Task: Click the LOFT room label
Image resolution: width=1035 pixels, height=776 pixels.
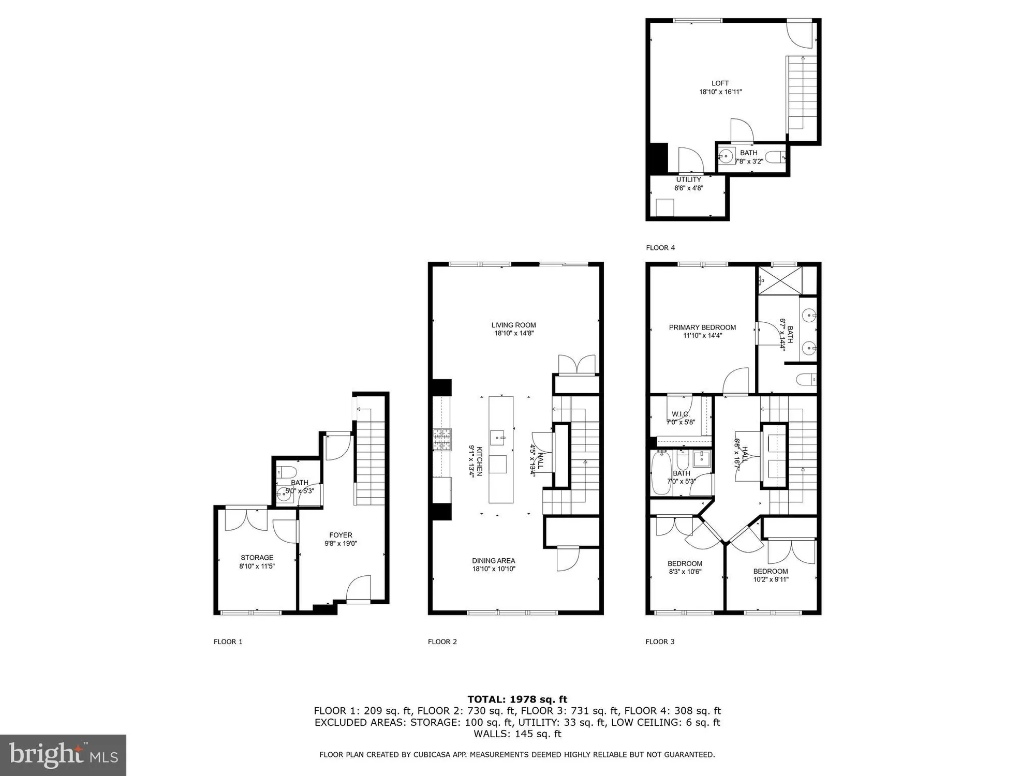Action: tap(720, 83)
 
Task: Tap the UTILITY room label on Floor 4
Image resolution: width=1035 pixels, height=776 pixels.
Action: tap(688, 180)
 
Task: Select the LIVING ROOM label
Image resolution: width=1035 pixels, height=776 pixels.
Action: tap(513, 325)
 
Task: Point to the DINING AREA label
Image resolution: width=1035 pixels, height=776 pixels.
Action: tap(493, 560)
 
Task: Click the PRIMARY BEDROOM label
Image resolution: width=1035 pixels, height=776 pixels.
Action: tap(702, 327)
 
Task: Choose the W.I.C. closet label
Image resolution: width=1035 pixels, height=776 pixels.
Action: tap(681, 414)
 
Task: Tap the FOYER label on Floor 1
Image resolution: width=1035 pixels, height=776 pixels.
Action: tap(341, 535)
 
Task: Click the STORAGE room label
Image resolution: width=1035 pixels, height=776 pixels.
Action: tap(257, 557)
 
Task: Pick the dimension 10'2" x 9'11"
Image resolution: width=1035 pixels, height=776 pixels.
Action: tap(771, 579)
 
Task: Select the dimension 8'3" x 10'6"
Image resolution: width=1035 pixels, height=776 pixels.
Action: tap(685, 572)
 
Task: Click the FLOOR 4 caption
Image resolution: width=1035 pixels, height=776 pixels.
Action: tap(660, 248)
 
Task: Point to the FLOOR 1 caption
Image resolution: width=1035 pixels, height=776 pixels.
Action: tap(228, 641)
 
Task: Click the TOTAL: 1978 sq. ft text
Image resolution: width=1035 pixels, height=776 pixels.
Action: tap(517, 699)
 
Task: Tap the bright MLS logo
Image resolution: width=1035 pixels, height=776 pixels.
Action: tap(63, 755)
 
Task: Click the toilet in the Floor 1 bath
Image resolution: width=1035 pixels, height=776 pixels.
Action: tap(286, 472)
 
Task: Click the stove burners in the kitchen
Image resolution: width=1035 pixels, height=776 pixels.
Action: tap(442, 439)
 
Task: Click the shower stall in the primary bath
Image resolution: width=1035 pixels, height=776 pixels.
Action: tap(779, 281)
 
